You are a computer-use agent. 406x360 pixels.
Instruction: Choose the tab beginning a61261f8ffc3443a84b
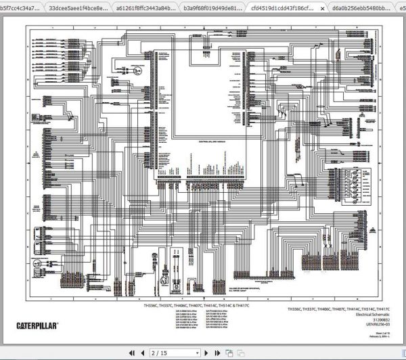point(144,8)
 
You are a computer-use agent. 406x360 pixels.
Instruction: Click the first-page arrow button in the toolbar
point(125,353)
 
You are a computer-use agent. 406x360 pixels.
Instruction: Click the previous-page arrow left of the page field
point(141,353)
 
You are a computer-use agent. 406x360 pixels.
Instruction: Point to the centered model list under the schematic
point(197,306)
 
